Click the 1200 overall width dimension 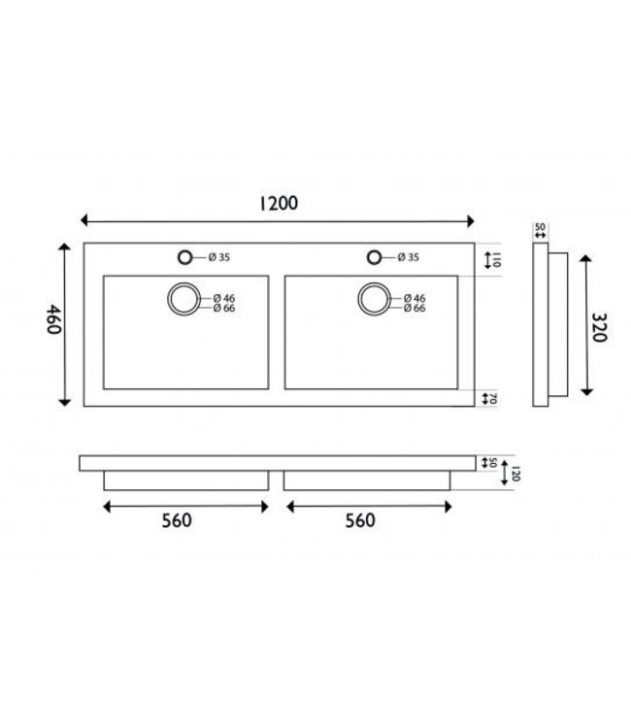[x=277, y=203]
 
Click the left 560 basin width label [x=176, y=519]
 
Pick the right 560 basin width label [x=358, y=519]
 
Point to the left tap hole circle [x=184, y=257]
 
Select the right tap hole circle [x=373, y=257]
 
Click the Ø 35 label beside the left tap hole [x=217, y=257]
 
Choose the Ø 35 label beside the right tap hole [x=407, y=257]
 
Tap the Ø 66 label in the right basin [x=413, y=309]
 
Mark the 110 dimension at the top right [x=495, y=259]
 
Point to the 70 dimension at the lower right [x=495, y=398]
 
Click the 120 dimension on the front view [x=517, y=473]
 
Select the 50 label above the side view [x=541, y=228]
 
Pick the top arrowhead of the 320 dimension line [x=585, y=256]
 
